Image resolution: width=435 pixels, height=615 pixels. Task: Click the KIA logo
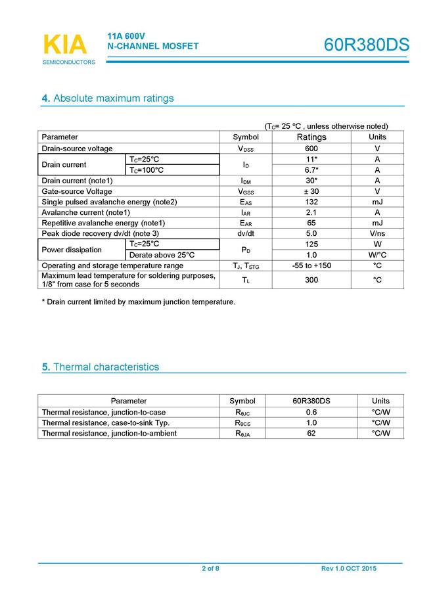pos(64,45)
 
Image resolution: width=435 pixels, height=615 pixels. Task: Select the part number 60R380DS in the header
pos(366,45)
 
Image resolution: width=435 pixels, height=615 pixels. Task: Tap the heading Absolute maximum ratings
pos(108,99)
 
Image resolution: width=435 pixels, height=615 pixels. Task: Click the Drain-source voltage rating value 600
pos(311,148)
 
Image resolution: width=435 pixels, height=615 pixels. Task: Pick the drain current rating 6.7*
pos(311,170)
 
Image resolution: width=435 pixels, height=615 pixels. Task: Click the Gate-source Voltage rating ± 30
pos(311,191)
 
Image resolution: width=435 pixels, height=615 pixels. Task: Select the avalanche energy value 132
pos(311,202)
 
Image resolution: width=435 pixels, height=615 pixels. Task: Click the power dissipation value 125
pos(311,244)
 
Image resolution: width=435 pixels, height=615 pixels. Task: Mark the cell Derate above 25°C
pos(162,255)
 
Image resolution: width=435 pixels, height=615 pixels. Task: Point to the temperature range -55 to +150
pos(311,265)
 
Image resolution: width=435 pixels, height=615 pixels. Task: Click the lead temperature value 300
pos(311,280)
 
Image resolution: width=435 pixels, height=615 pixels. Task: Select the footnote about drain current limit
pos(138,302)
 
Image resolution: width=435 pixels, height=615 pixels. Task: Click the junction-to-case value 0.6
pos(311,412)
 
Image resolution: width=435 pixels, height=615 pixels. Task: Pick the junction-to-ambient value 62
pos(311,433)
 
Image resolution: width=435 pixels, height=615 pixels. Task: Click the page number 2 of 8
pos(210,568)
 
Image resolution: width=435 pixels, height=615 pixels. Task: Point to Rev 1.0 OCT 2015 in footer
pos(349,568)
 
